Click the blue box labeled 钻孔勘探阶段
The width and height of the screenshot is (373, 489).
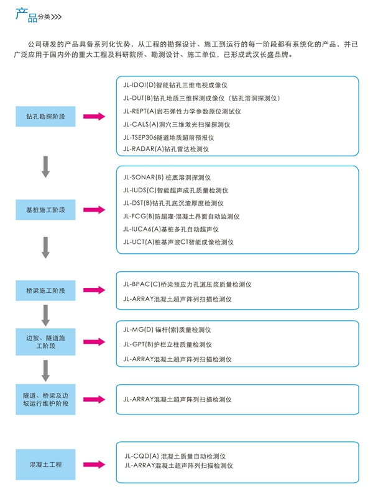tap(45, 116)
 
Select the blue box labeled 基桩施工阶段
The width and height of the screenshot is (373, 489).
tap(45, 210)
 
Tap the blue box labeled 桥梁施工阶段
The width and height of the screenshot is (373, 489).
tap(45, 290)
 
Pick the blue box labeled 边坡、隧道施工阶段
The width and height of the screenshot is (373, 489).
tap(45, 342)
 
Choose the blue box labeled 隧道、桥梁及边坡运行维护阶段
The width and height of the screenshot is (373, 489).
tap(45, 400)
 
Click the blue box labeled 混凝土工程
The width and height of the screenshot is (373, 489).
tap(45, 464)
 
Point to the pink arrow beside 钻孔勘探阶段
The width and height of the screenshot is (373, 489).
tap(94, 116)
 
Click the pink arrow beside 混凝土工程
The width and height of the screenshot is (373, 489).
tap(94, 464)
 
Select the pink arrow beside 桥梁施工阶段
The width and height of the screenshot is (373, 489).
tap(94, 290)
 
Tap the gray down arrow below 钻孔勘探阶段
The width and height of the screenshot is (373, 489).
tap(45, 167)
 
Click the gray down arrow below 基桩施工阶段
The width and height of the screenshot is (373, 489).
tap(45, 248)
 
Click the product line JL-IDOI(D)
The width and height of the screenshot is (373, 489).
tap(175, 85)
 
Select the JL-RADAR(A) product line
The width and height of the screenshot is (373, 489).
tap(166, 149)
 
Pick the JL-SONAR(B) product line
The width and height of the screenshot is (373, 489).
tap(167, 177)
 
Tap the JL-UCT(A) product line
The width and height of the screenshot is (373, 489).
tap(178, 242)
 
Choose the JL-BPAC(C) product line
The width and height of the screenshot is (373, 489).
tap(187, 284)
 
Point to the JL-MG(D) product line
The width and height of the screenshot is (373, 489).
tap(167, 330)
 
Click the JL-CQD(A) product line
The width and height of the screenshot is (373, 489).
tap(175, 456)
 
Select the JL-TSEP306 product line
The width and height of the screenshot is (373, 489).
tap(168, 138)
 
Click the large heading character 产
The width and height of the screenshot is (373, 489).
tap(22, 14)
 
